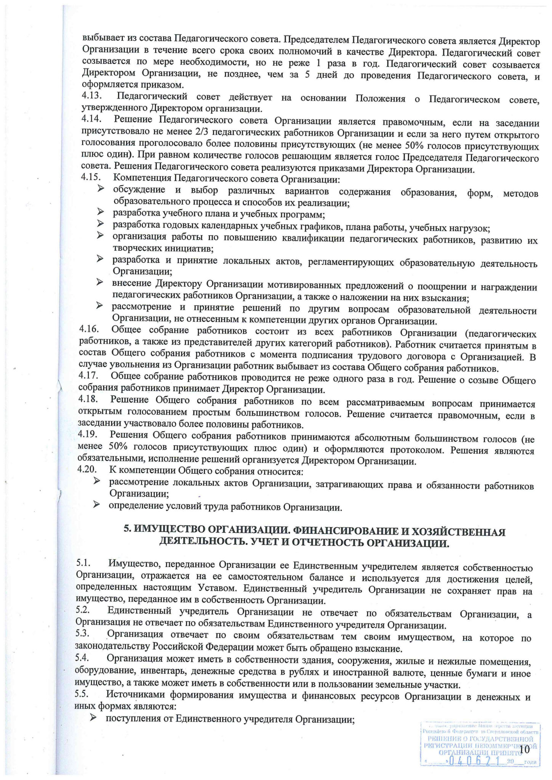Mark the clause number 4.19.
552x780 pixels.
pyautogui.click(x=88, y=434)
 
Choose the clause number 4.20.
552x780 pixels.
pyautogui.click(x=87, y=469)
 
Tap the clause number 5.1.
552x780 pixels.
pyautogui.click(x=83, y=563)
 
